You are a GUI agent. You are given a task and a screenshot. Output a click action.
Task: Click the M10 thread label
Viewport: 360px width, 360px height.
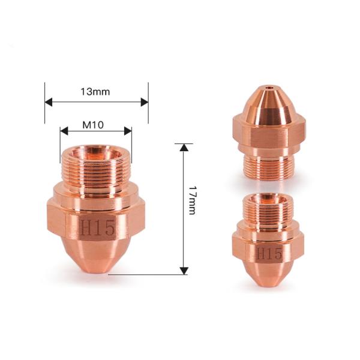(x=94, y=124)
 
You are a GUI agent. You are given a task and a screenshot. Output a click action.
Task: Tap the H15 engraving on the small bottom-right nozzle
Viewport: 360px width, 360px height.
(x=269, y=254)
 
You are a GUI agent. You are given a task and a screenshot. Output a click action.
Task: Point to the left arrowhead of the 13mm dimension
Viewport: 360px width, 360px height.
(x=49, y=102)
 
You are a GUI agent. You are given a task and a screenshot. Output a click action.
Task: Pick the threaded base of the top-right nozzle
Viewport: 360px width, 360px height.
(x=269, y=164)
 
